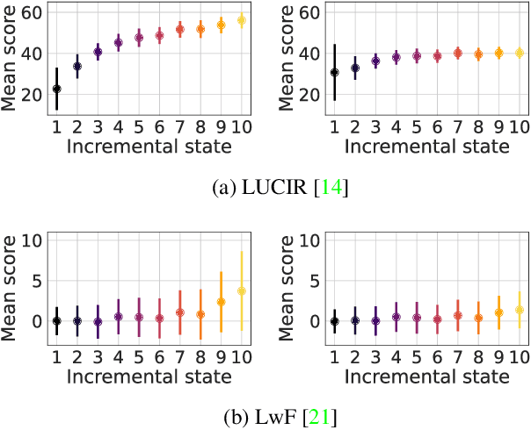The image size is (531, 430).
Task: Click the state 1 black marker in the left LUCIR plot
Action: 57,89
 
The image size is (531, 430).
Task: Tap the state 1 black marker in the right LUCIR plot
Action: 334,72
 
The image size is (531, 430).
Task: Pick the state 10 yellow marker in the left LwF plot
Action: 242,290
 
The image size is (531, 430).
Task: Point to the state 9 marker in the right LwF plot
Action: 498,312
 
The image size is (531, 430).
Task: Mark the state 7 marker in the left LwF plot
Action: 180,312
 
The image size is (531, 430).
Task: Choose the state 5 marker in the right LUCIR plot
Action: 417,56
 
